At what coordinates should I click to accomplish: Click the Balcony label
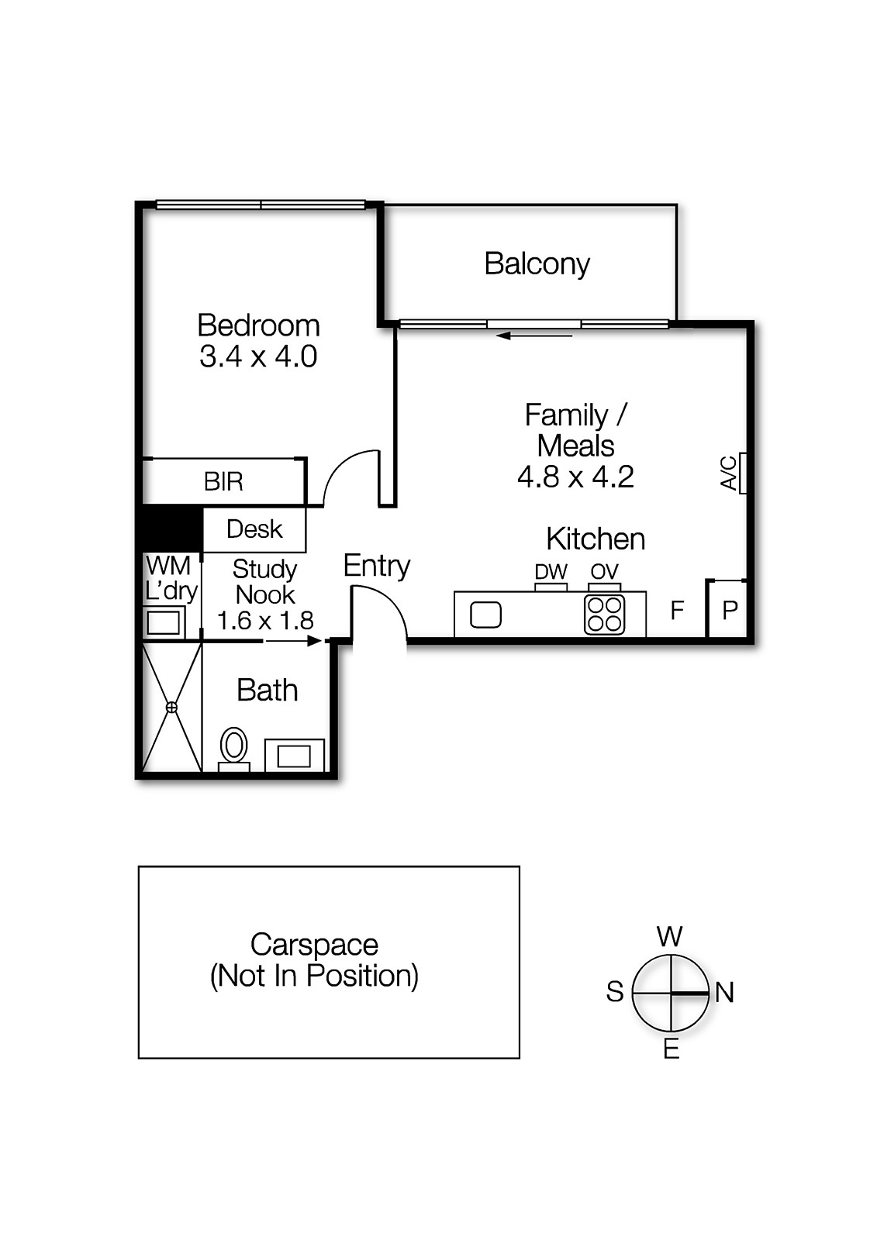(x=537, y=264)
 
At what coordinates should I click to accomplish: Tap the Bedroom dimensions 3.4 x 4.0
(x=258, y=356)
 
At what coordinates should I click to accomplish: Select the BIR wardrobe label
(x=223, y=481)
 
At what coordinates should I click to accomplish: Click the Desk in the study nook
(x=254, y=529)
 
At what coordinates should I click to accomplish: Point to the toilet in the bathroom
(x=234, y=749)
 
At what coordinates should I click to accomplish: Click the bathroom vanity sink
(x=294, y=756)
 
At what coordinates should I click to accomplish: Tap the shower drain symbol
(x=171, y=707)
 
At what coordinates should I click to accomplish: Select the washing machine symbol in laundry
(x=164, y=623)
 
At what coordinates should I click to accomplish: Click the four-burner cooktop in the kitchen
(x=604, y=615)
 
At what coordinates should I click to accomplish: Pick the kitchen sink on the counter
(x=486, y=615)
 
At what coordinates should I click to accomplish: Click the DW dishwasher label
(x=551, y=571)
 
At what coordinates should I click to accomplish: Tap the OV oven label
(x=604, y=571)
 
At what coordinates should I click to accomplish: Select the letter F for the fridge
(x=677, y=610)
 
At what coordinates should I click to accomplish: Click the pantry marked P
(x=729, y=609)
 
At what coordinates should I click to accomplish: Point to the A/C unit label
(x=729, y=474)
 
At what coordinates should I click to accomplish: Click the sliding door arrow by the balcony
(x=534, y=336)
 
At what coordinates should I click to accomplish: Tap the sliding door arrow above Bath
(x=294, y=641)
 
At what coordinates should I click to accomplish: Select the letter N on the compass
(x=725, y=993)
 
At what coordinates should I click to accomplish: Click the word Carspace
(x=314, y=945)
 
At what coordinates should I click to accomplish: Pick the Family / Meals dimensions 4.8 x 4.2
(x=575, y=477)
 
